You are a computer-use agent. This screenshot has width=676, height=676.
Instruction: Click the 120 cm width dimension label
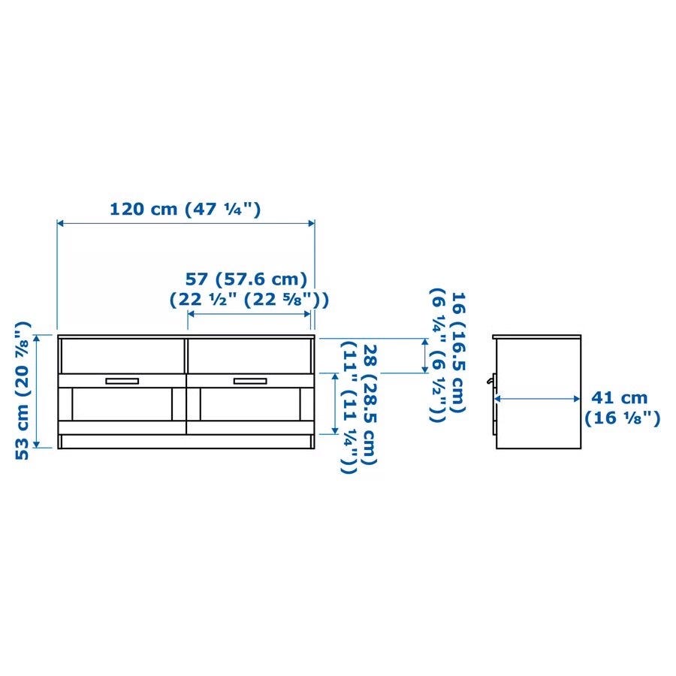[186, 209]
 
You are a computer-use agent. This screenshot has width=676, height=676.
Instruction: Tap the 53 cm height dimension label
[23, 391]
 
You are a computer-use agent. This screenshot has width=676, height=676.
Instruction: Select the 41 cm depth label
[622, 407]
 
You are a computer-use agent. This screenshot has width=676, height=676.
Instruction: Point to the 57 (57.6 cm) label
[249, 289]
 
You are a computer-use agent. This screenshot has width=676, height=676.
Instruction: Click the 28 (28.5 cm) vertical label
[359, 408]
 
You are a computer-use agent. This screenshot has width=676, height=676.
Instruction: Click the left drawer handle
[122, 381]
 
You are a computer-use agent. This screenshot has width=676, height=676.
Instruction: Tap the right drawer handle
[250, 381]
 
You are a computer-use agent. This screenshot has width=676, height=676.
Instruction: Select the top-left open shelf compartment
[123, 356]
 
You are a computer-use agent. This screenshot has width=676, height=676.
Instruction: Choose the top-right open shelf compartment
[250, 356]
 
